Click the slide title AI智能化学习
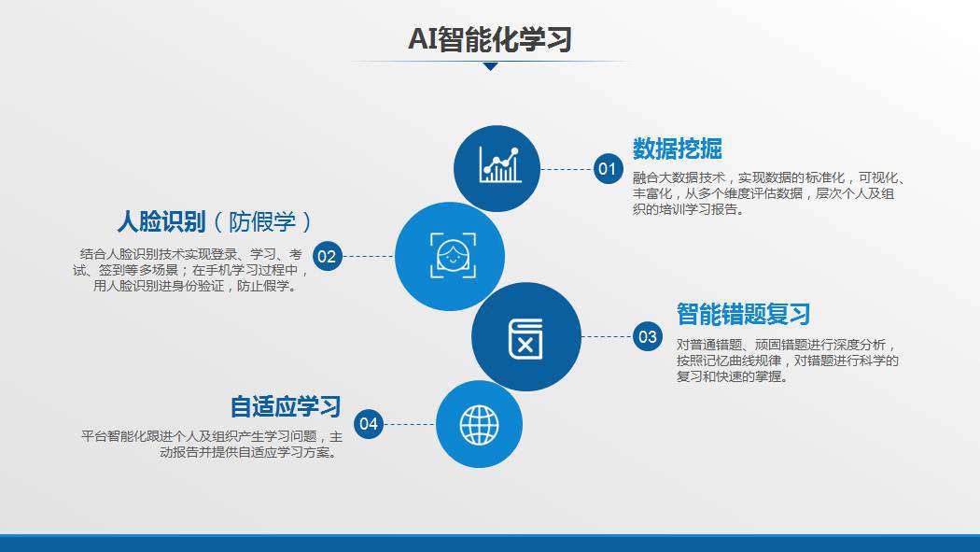(490, 38)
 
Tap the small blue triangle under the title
(491, 66)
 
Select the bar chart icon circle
(497, 168)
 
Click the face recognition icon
(453, 256)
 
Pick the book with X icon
(525, 339)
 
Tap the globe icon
(479, 424)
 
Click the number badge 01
(609, 169)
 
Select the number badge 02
(328, 256)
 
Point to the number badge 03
(648, 336)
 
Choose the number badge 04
(369, 424)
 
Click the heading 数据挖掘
(677, 149)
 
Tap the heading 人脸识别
(161, 222)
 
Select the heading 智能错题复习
(743, 314)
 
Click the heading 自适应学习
(286, 406)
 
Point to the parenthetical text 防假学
(262, 222)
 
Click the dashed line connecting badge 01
(567, 169)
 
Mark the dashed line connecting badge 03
(607, 336)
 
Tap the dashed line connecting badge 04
(410, 424)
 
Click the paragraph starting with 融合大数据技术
(769, 193)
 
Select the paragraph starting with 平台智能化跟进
(212, 444)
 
